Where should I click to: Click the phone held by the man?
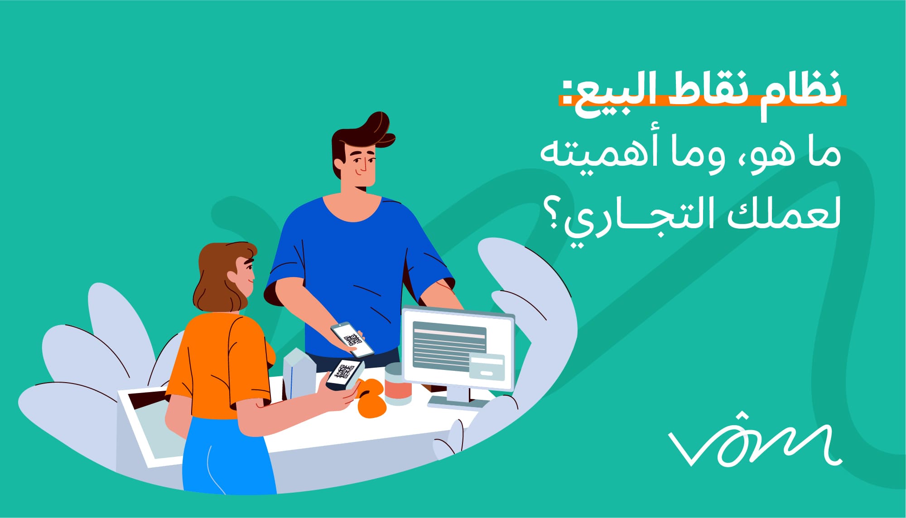point(352,340)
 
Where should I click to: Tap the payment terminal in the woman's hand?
point(344,374)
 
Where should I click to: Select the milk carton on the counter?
point(299,373)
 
